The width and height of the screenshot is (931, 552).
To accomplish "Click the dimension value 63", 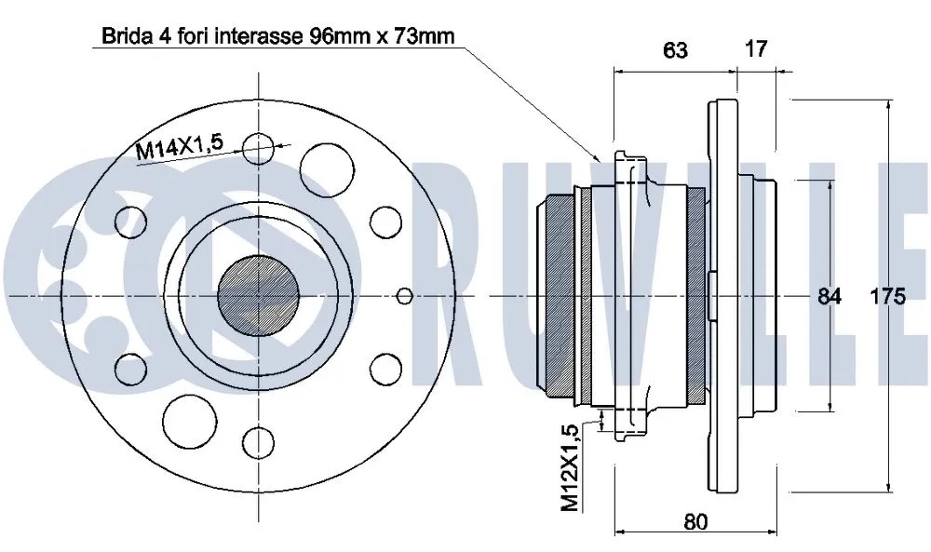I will [x=676, y=49].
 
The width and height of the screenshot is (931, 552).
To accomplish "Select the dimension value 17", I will [x=756, y=49].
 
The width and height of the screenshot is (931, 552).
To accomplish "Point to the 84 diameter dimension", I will [x=829, y=296].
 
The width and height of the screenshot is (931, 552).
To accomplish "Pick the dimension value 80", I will [x=694, y=521].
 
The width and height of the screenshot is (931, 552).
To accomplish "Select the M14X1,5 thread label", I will [x=179, y=149].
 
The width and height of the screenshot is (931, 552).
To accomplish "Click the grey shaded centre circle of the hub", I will [x=258, y=295].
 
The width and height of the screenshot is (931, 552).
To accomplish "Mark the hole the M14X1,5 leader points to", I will [x=258, y=148].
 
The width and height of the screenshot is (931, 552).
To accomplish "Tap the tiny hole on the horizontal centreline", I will [x=403, y=296].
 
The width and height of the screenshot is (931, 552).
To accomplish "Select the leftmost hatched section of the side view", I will [x=559, y=296].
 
